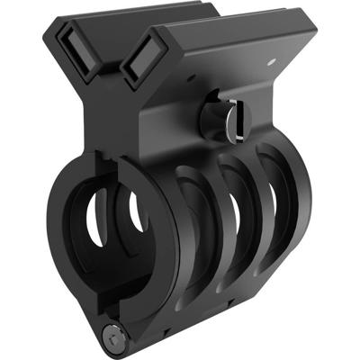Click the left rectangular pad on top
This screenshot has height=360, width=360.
pyautogui.click(x=78, y=54)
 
